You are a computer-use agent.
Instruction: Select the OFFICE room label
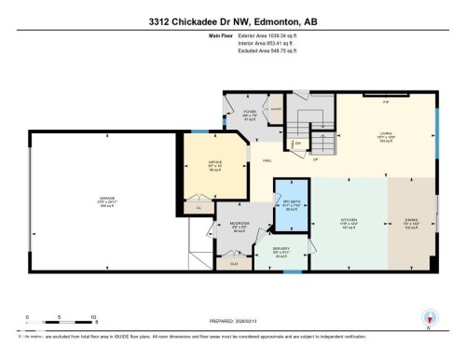(214, 166)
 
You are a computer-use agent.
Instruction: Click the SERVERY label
(281, 250)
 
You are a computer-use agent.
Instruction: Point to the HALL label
(267, 160)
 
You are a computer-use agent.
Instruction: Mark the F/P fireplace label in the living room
(385, 103)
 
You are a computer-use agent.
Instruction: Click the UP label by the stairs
(316, 159)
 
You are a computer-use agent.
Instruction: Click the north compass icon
(428, 318)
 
